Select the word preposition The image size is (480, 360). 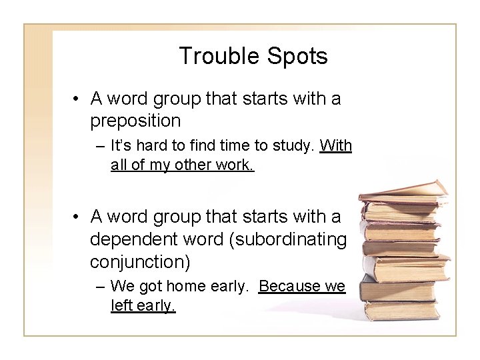point(135,121)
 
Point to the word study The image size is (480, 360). point(295,146)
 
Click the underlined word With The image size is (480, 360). point(336,146)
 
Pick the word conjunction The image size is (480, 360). point(141,261)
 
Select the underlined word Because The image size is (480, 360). point(292,287)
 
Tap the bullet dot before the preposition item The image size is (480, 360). point(77,100)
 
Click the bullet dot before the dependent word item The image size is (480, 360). point(77,217)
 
